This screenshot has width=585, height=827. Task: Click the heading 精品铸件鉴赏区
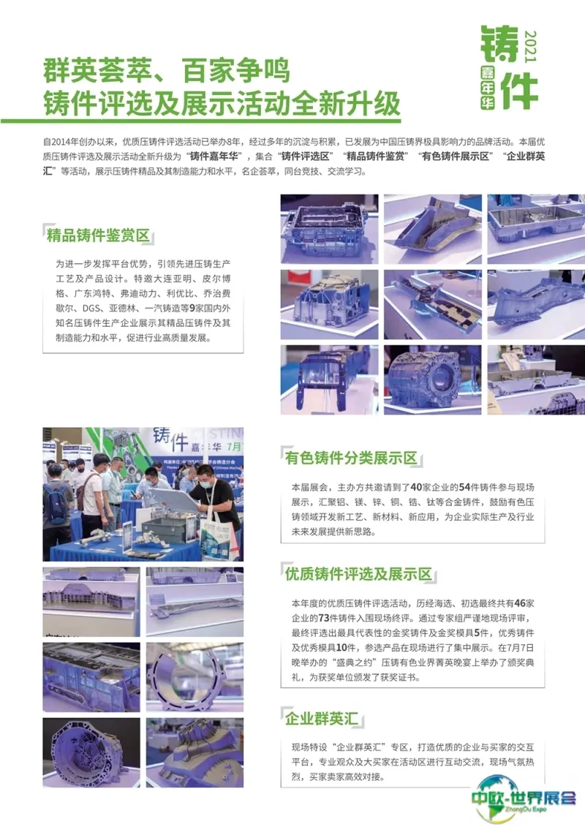tap(98, 235)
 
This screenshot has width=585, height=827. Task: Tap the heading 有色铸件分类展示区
tap(351, 458)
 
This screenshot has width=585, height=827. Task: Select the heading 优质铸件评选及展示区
tap(358, 574)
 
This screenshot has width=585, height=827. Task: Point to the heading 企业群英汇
tap(321, 718)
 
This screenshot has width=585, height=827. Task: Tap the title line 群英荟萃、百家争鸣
tap(167, 71)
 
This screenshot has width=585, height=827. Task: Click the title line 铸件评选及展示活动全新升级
tap(222, 103)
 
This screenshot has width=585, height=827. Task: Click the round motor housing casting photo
tap(433, 379)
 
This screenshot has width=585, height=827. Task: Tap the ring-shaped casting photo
tap(195, 677)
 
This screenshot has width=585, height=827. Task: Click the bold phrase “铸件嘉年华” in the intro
tap(216, 156)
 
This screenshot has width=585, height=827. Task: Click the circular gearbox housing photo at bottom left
tap(91, 752)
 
